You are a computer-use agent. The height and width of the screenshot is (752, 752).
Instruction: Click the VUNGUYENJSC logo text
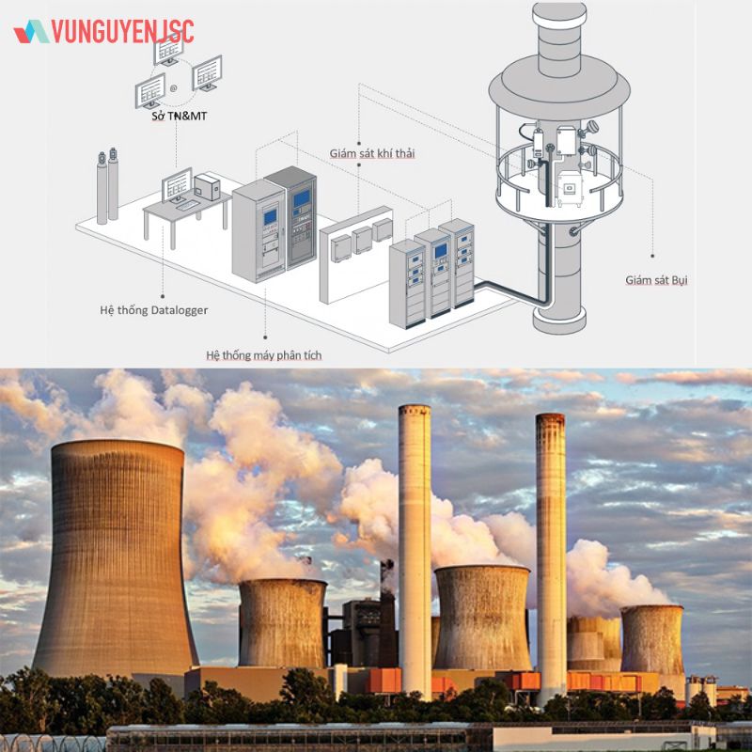tap(123, 32)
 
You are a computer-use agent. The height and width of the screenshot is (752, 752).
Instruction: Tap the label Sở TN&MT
tap(179, 116)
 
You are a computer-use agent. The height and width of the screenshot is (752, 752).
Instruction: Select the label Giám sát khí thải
tap(371, 153)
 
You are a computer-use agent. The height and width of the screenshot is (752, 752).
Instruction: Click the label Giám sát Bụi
tap(656, 280)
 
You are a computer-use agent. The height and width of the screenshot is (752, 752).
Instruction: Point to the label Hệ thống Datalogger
tap(154, 310)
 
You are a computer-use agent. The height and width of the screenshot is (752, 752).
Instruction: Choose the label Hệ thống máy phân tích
tap(264, 355)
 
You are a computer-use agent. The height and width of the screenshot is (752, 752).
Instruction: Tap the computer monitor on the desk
tap(177, 185)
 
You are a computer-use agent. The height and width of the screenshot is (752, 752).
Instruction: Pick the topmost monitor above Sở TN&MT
tap(169, 51)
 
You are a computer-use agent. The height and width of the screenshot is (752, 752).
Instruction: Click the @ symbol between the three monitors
tap(173, 88)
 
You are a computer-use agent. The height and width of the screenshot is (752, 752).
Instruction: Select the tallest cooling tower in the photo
tap(115, 558)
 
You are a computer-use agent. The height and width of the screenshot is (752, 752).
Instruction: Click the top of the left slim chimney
tap(415, 409)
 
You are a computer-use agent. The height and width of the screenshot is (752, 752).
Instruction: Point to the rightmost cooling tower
tap(652, 640)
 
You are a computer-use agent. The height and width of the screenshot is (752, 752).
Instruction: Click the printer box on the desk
tap(207, 187)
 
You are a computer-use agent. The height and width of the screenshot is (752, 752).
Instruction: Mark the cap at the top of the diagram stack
tap(559, 11)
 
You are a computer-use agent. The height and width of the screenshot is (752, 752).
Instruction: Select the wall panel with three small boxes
tap(356, 254)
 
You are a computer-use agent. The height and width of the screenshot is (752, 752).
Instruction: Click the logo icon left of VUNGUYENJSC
tap(31, 32)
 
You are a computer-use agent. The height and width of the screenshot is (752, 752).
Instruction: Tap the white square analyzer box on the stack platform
tap(571, 188)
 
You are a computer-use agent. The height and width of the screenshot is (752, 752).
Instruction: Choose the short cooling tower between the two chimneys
tap(482, 618)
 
